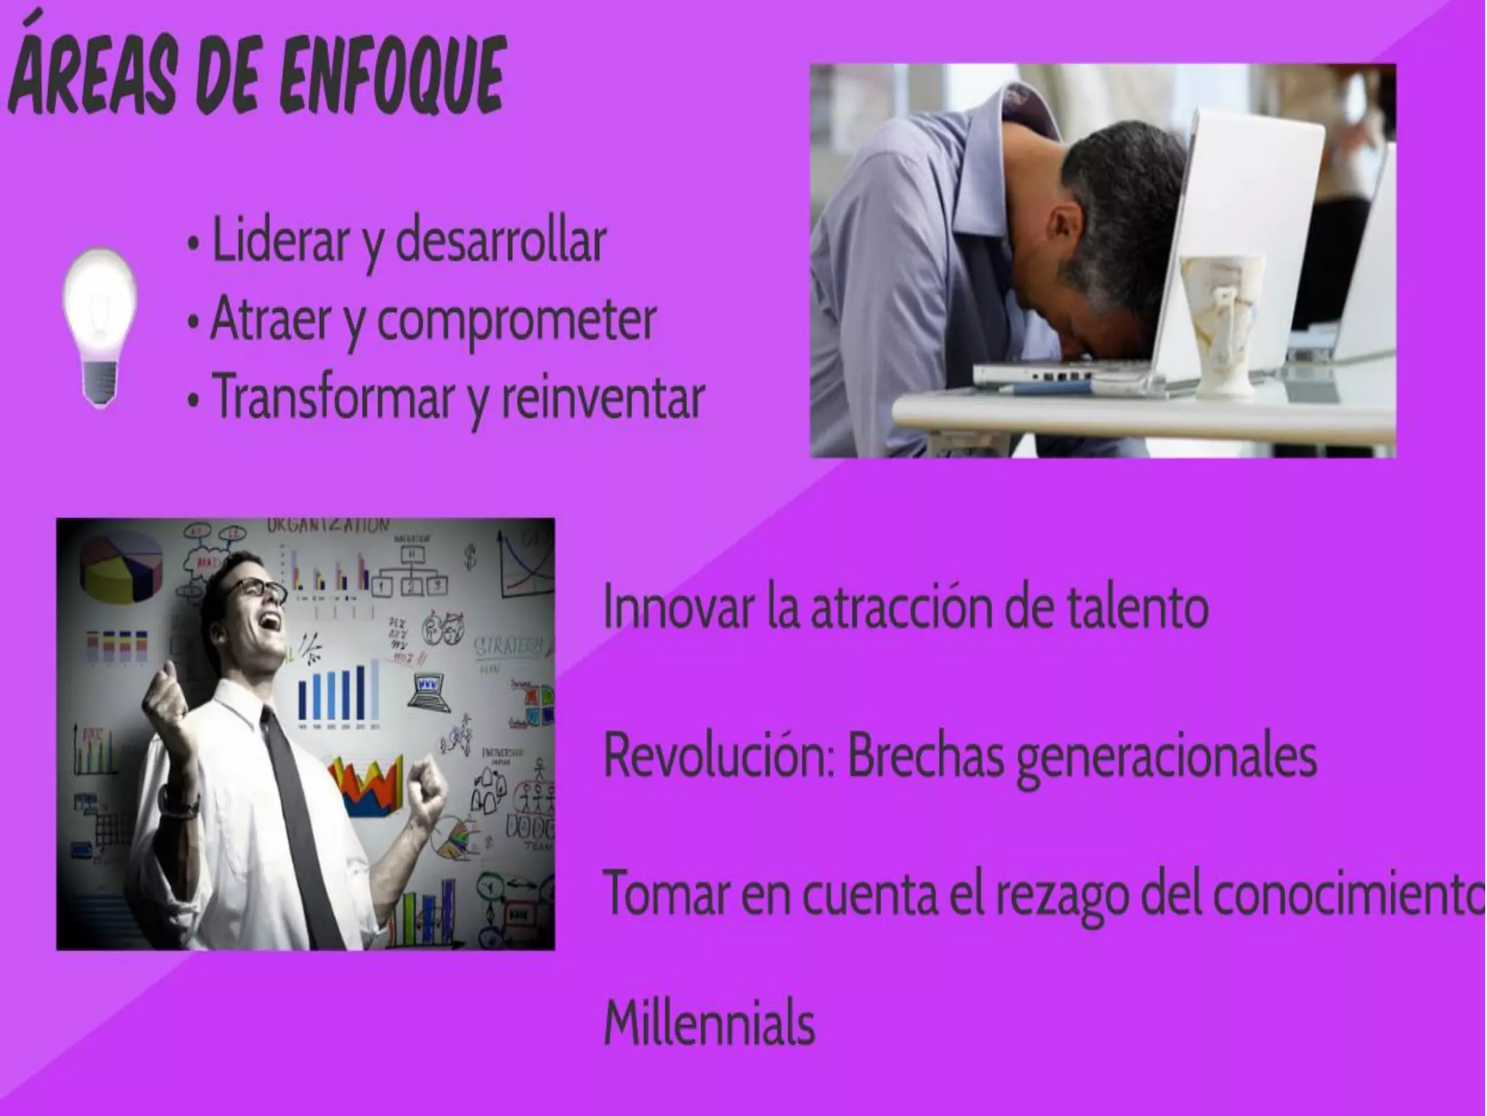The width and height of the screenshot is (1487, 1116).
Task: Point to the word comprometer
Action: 516,320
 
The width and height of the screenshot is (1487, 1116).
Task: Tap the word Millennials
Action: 709,1023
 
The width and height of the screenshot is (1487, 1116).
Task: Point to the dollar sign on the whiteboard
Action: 471,560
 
